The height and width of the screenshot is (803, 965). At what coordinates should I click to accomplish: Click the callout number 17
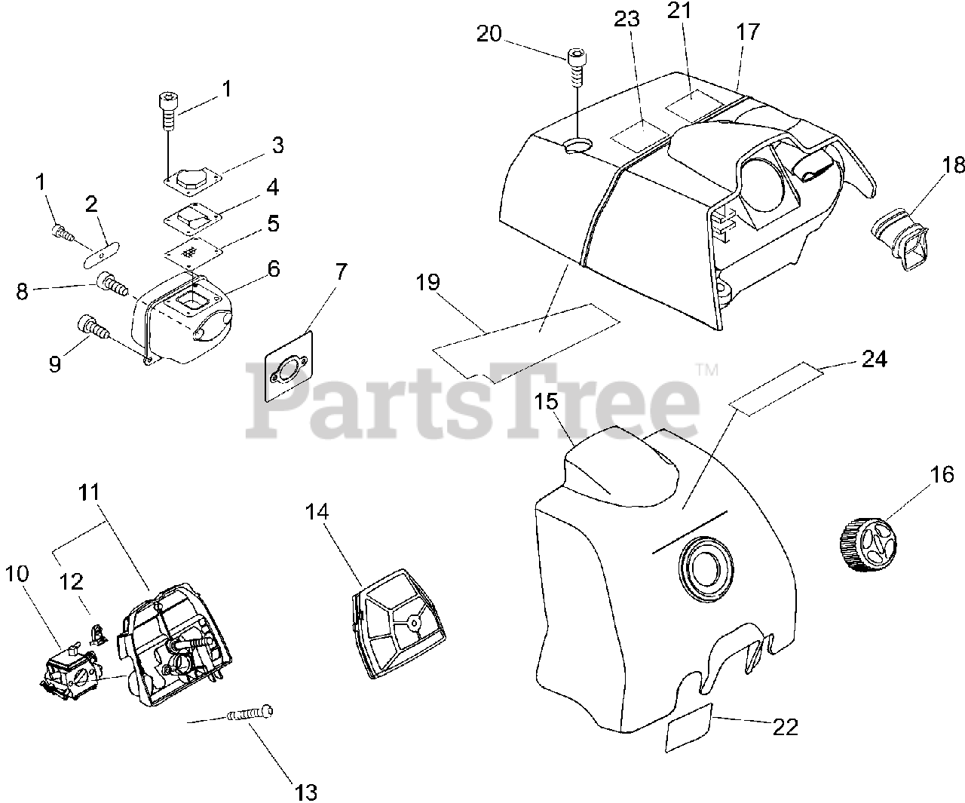pyautogui.click(x=748, y=32)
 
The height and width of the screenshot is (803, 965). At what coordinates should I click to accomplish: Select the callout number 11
pyautogui.click(x=88, y=495)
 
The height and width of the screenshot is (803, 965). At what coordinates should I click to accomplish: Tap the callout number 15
pyautogui.click(x=548, y=403)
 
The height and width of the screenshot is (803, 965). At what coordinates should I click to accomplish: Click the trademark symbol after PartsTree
pyautogui.click(x=706, y=369)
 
